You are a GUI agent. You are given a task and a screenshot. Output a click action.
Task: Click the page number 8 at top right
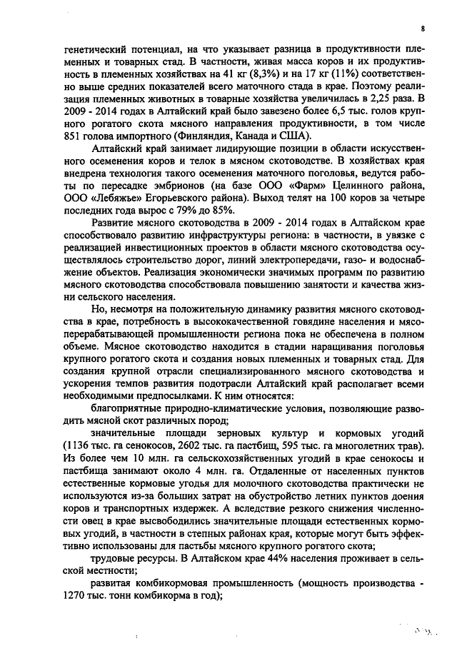tap(422, 28)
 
